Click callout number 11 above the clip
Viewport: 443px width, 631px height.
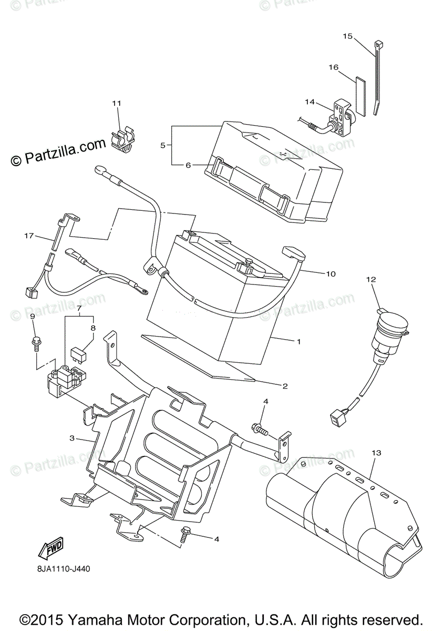[116, 103]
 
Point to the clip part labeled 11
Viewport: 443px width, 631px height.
[123, 141]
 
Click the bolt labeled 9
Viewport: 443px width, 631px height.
[36, 342]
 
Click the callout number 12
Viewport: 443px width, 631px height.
[372, 280]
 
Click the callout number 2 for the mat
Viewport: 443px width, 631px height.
[284, 386]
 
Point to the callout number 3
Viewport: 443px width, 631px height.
[72, 437]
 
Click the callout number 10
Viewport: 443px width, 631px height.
[331, 274]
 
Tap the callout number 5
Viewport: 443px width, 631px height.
[163, 145]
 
